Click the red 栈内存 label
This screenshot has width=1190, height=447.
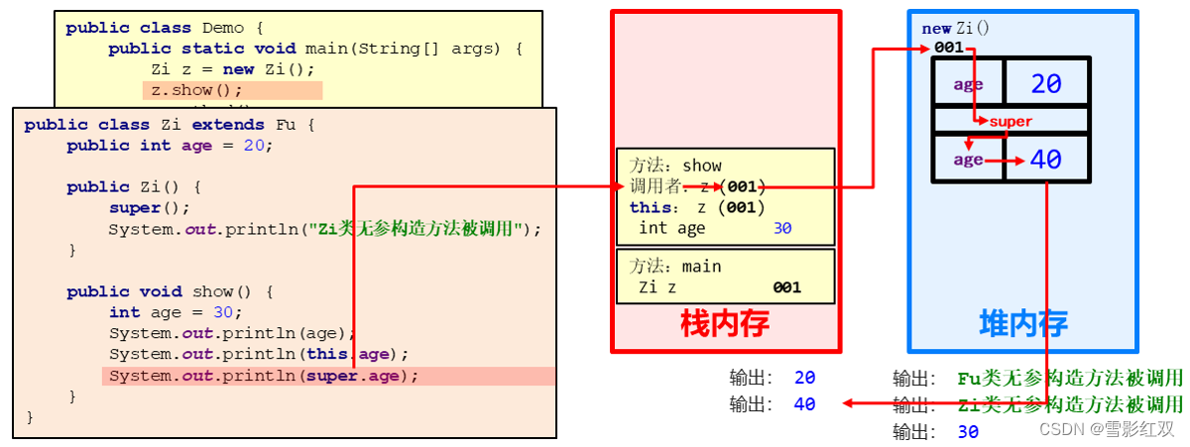(x=724, y=324)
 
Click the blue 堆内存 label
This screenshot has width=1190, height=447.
(x=1022, y=324)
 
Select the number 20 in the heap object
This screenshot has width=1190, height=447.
(x=1046, y=84)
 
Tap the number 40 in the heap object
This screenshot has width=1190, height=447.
(x=1046, y=159)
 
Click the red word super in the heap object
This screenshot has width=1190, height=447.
(x=1010, y=121)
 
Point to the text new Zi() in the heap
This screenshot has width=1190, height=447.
(x=955, y=29)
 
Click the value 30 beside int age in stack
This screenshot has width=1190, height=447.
(x=783, y=228)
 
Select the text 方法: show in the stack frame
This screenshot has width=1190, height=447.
(x=675, y=166)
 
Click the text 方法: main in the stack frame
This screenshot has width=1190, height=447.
(x=675, y=267)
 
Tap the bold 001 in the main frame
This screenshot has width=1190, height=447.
(x=786, y=287)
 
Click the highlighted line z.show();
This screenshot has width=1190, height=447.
(x=196, y=90)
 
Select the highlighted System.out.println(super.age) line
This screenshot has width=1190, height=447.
(x=264, y=376)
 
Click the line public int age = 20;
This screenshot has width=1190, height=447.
(x=170, y=146)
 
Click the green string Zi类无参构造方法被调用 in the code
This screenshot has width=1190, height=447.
(x=422, y=229)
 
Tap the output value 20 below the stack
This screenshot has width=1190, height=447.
(x=804, y=378)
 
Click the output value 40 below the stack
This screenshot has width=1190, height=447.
(x=804, y=403)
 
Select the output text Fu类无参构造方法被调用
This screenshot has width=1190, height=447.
(x=1070, y=378)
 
